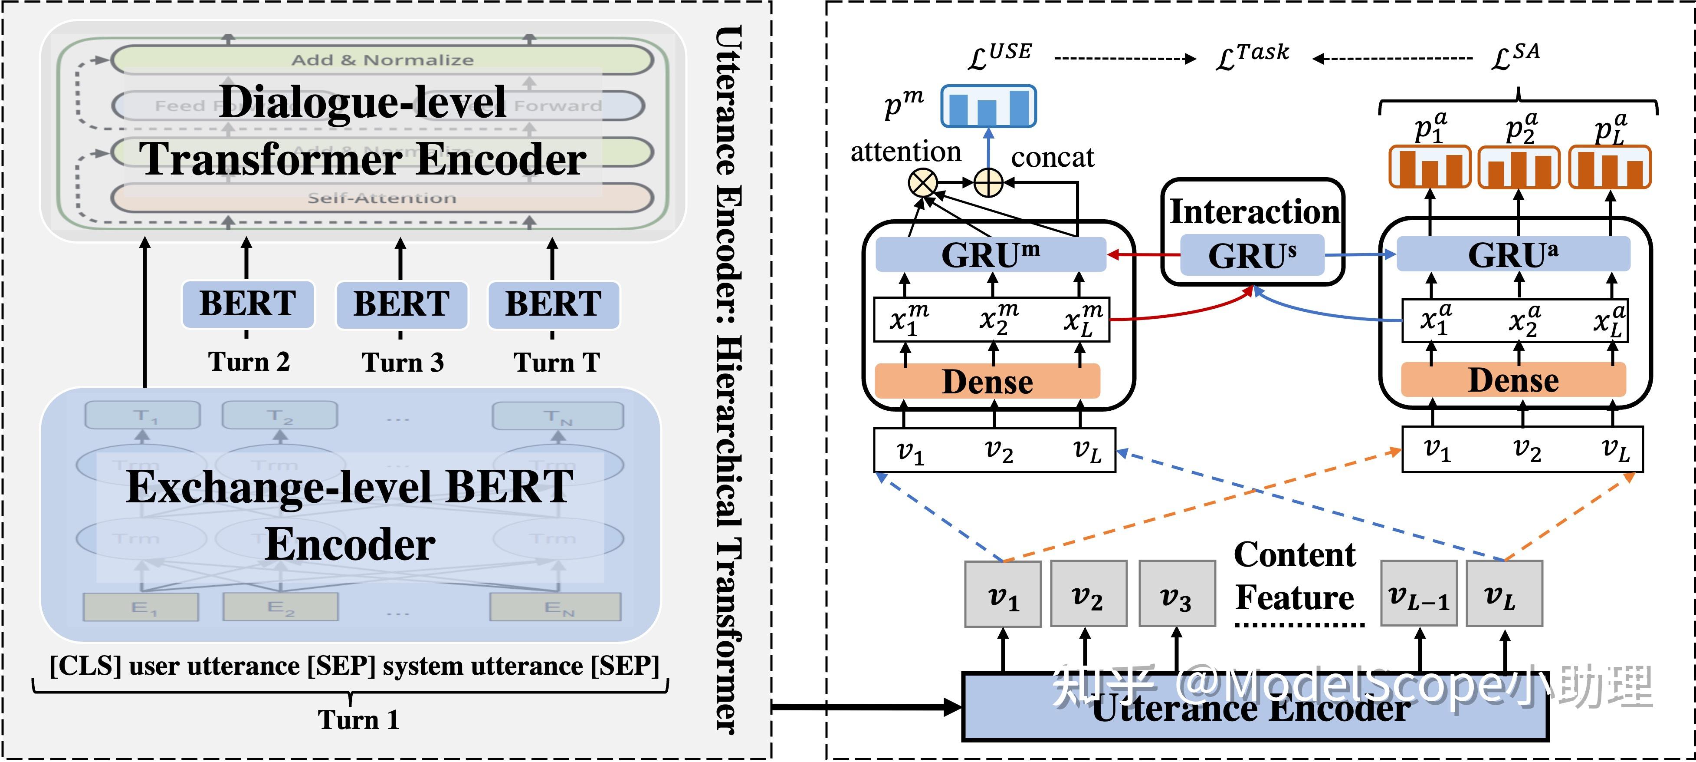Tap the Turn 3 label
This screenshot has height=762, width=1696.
tap(402, 362)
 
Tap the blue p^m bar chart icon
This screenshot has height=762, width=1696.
tap(988, 106)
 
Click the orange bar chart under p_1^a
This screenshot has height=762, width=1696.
tap(1429, 167)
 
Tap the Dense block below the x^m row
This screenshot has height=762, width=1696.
tap(987, 381)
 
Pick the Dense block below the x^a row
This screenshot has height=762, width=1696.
tap(1513, 380)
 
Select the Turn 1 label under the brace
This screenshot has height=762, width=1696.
tap(359, 719)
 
